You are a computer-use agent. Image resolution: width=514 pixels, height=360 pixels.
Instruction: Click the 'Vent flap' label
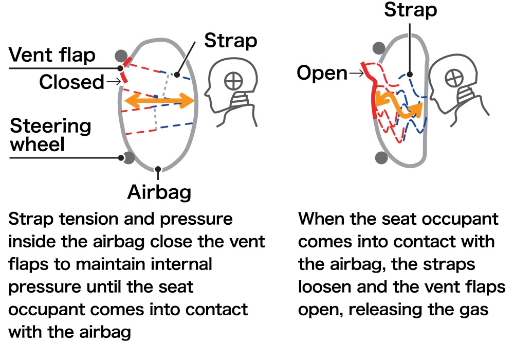point(52,56)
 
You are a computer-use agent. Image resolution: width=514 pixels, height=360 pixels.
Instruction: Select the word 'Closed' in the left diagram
point(71,82)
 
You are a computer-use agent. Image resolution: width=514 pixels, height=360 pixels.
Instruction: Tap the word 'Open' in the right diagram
point(322,73)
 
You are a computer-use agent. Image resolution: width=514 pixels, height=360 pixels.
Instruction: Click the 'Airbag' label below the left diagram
point(159,192)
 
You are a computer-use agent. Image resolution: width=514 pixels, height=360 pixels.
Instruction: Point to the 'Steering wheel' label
point(50,135)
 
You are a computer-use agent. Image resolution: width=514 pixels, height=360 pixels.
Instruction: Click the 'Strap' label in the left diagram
point(231,41)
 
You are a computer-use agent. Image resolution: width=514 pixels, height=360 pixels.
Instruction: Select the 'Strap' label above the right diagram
point(411,10)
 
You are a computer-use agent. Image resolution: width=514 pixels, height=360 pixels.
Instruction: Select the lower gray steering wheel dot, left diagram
point(127,157)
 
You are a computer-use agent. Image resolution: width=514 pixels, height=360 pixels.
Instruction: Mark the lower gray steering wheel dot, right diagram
point(381,157)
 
